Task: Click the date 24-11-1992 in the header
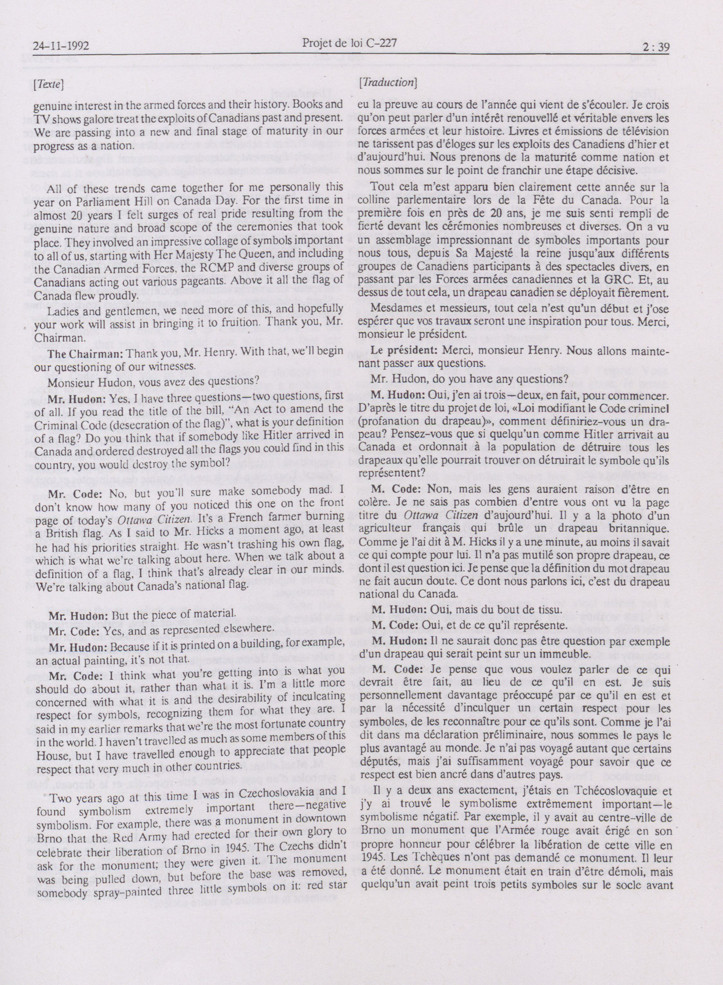coord(61,46)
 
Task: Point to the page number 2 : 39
coord(656,46)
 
